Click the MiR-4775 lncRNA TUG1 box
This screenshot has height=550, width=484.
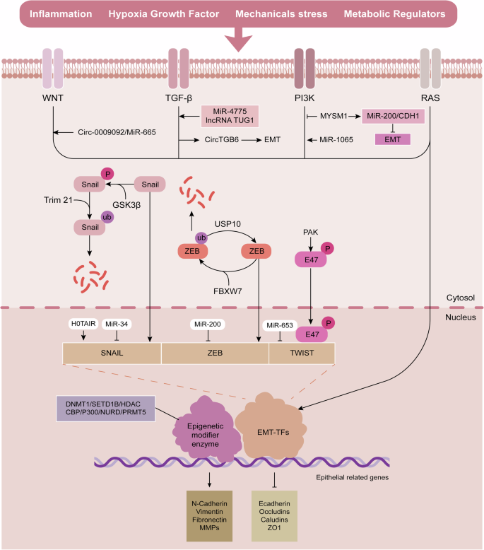coord(227,115)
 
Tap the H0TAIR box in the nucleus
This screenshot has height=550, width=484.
coord(82,324)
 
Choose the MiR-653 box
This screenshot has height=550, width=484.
coord(278,324)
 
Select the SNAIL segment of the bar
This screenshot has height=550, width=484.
coord(112,353)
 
